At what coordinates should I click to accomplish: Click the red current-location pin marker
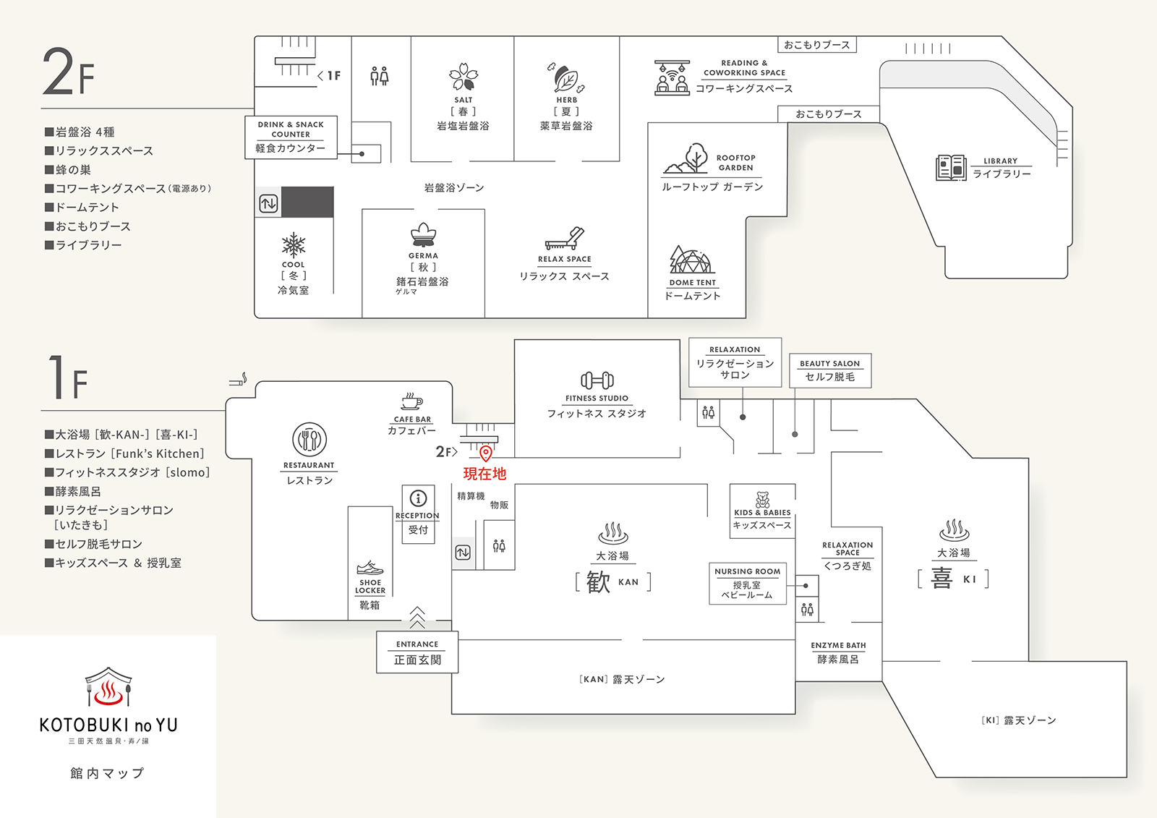(x=486, y=453)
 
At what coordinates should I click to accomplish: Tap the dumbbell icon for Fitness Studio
(x=597, y=380)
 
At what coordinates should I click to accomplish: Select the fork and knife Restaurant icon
(x=309, y=440)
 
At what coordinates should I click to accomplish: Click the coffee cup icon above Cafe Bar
(x=411, y=402)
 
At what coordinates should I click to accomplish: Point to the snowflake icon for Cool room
(x=294, y=245)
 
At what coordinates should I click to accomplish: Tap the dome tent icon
(x=691, y=260)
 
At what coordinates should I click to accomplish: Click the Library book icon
(x=951, y=168)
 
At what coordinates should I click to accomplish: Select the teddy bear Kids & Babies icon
(x=762, y=499)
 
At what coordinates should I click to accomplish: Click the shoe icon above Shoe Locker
(x=370, y=567)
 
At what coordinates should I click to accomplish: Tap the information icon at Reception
(x=418, y=498)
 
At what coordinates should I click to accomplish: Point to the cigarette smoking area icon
(x=239, y=380)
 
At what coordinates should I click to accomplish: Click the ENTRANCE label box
(x=417, y=652)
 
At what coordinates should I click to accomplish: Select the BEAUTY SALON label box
(x=830, y=370)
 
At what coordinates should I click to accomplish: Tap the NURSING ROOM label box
(x=748, y=583)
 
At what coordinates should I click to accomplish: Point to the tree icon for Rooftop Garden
(x=687, y=158)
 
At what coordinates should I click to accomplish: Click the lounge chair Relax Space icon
(x=565, y=239)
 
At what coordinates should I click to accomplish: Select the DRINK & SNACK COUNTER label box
(x=291, y=137)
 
